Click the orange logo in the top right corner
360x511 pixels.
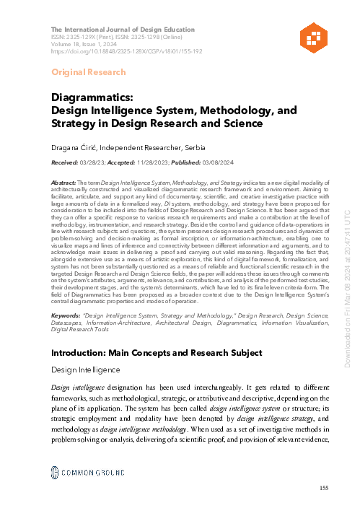click(x=312, y=24)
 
